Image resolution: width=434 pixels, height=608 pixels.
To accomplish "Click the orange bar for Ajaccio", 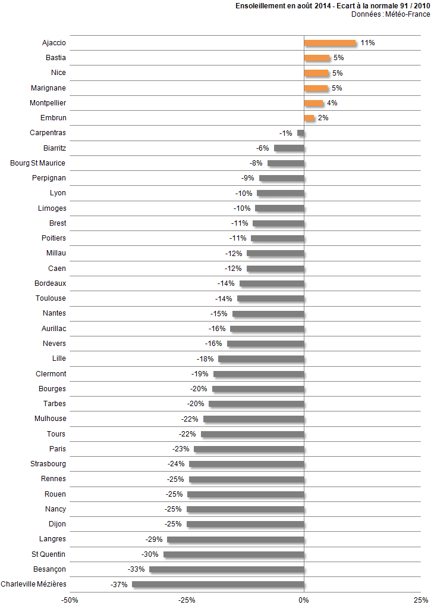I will pyautogui.click(x=329, y=43).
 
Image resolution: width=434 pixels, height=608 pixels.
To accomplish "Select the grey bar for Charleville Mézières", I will pyautogui.click(x=218, y=584).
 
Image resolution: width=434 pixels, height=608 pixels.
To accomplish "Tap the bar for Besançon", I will pyautogui.click(x=227, y=569).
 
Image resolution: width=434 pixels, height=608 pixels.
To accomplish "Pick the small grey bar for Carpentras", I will pyautogui.click(x=301, y=133).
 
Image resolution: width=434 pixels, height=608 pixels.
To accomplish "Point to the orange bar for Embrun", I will pyautogui.click(x=309, y=118).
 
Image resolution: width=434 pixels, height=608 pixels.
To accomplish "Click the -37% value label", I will pyautogui.click(x=119, y=584).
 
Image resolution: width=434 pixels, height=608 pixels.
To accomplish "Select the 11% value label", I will pyautogui.click(x=367, y=43).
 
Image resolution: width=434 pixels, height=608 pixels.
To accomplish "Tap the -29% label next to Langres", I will pyautogui.click(x=154, y=539).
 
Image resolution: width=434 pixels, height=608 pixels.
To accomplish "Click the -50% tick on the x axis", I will pyautogui.click(x=70, y=600).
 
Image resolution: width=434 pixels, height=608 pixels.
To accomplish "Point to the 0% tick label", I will pyautogui.click(x=304, y=600).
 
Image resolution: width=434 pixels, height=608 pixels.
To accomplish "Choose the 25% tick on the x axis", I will pyautogui.click(x=420, y=600).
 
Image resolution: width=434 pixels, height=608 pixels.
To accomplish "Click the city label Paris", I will pyautogui.click(x=58, y=449).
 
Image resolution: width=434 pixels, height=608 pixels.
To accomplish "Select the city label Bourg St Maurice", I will pyautogui.click(x=38, y=163).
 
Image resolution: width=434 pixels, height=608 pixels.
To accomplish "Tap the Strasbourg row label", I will pyautogui.click(x=48, y=464).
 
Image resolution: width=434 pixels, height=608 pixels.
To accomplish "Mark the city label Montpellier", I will pyautogui.click(x=48, y=103).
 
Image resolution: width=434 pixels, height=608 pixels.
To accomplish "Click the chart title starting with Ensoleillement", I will pyautogui.click(x=333, y=6).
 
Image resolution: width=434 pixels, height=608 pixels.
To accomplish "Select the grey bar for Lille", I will pyautogui.click(x=261, y=358).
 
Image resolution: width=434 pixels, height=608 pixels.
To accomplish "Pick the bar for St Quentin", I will pyautogui.click(x=234, y=554).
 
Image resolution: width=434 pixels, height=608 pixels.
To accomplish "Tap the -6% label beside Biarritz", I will pyautogui.click(x=263, y=148).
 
